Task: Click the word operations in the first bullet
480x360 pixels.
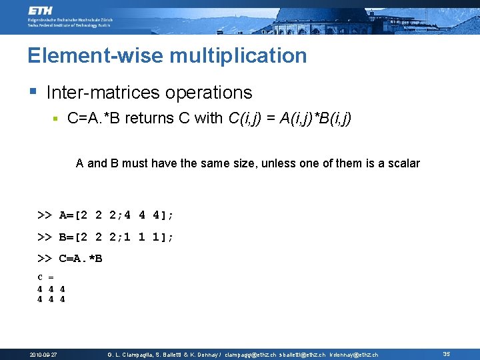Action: (211, 93)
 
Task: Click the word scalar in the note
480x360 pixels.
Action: (402, 163)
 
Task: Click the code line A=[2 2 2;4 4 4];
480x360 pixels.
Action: (117, 215)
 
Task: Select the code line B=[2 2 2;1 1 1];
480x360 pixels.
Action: (117, 237)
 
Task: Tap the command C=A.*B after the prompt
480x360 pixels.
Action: (81, 258)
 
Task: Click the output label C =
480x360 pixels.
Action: (45, 277)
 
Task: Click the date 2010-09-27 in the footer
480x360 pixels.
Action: (43, 355)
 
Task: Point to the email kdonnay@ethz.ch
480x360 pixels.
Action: (354, 355)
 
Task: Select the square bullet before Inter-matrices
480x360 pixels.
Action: (32, 91)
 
